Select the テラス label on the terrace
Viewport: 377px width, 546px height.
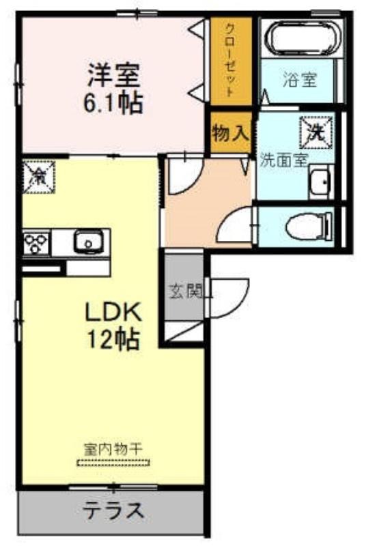point(113,511)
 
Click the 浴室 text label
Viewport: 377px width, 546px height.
point(300,79)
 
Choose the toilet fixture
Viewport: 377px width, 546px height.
point(309,227)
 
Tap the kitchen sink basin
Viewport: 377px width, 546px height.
point(89,241)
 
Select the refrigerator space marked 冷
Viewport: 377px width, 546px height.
point(38,177)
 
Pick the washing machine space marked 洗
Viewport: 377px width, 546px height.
point(316,132)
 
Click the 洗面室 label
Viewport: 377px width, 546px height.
point(284,160)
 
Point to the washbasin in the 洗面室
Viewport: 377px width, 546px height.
point(322,182)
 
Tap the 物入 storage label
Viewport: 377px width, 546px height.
point(231,133)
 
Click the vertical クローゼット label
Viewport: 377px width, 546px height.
point(231,59)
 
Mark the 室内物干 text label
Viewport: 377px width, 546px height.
point(113,450)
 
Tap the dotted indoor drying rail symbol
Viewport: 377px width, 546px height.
point(113,463)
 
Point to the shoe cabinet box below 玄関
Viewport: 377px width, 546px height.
point(184,332)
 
